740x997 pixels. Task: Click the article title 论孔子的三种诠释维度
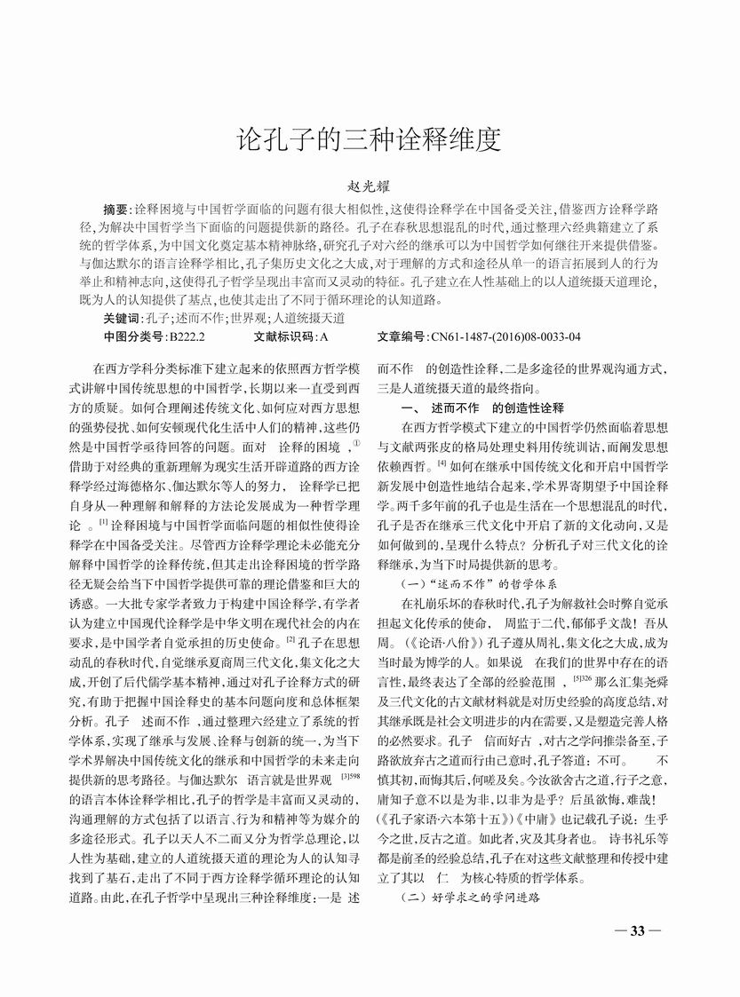(x=370, y=139)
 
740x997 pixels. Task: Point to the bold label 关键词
(x=122, y=318)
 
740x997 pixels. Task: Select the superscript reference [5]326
(x=608, y=677)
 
